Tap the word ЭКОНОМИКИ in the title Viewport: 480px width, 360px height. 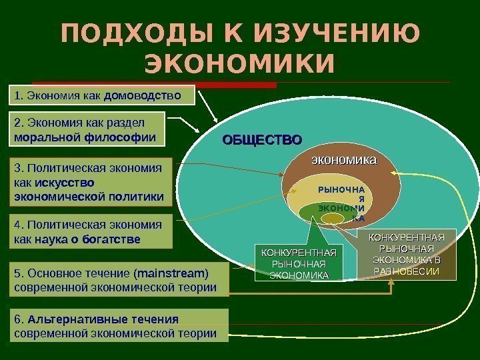click(239, 64)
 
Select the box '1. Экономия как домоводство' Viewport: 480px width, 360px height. click(103, 95)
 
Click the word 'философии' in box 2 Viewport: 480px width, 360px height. click(121, 138)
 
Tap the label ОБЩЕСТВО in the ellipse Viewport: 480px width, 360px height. click(262, 140)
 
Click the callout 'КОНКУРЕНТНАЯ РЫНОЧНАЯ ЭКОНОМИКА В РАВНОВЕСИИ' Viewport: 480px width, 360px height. click(406, 254)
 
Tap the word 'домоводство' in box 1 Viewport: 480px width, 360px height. click(143, 95)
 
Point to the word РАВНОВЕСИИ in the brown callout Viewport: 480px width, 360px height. click(406, 271)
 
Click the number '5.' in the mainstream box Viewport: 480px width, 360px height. click(19, 273)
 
